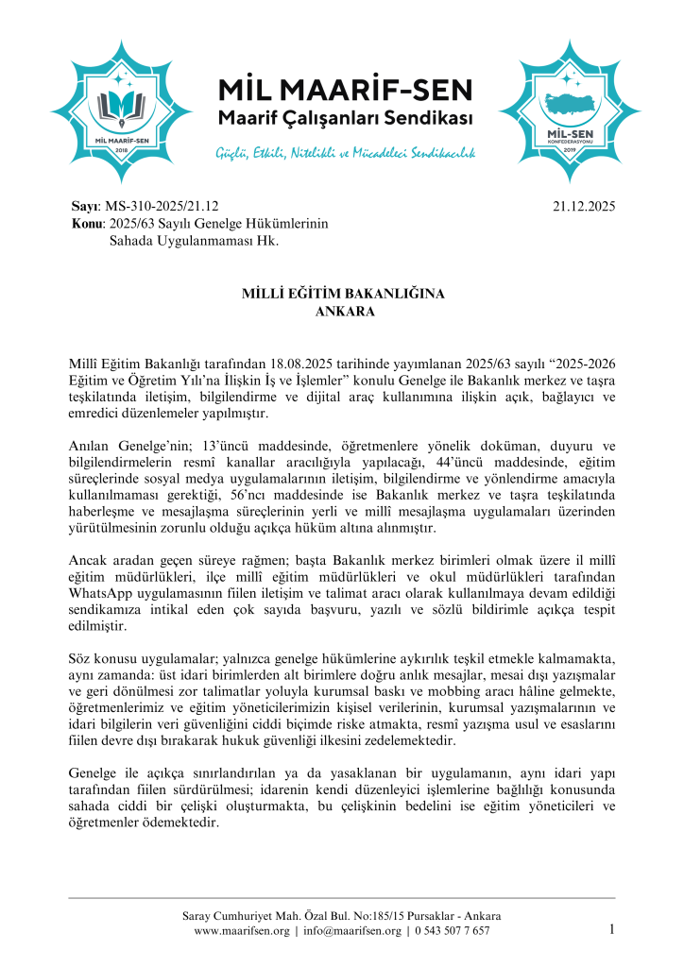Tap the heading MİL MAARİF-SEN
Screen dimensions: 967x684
344,92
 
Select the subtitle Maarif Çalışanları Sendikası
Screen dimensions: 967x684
344,120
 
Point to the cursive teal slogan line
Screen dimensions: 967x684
345,151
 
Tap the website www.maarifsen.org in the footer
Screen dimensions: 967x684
241,931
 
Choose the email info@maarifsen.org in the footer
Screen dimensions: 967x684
351,931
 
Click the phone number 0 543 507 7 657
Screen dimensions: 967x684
452,931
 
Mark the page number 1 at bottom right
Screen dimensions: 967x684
611,929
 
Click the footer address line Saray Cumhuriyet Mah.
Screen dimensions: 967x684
342,916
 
